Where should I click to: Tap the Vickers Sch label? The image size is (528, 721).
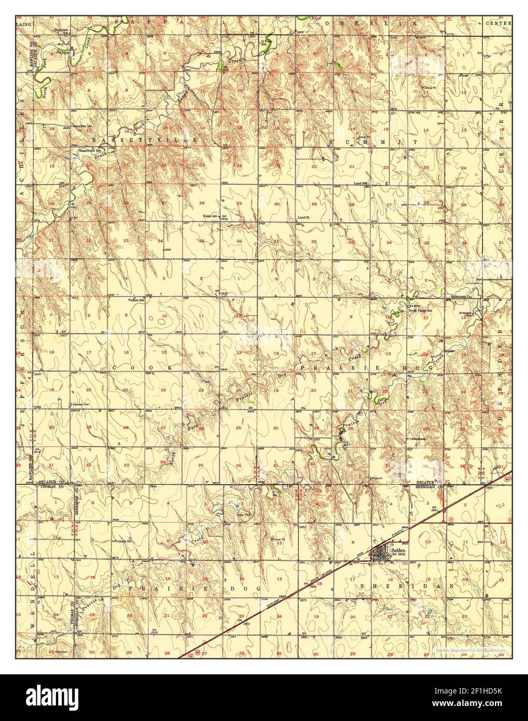137,299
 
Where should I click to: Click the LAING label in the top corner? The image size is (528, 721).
24,24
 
